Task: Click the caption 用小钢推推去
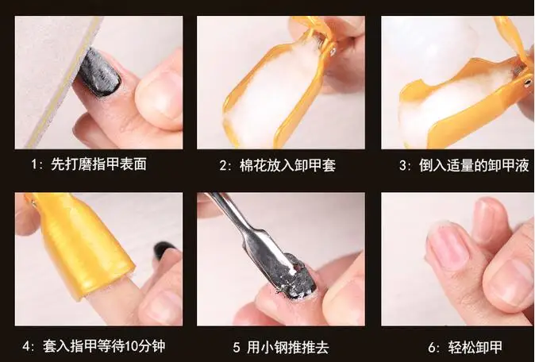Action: click(291, 346)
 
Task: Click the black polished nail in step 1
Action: click(100, 75)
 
